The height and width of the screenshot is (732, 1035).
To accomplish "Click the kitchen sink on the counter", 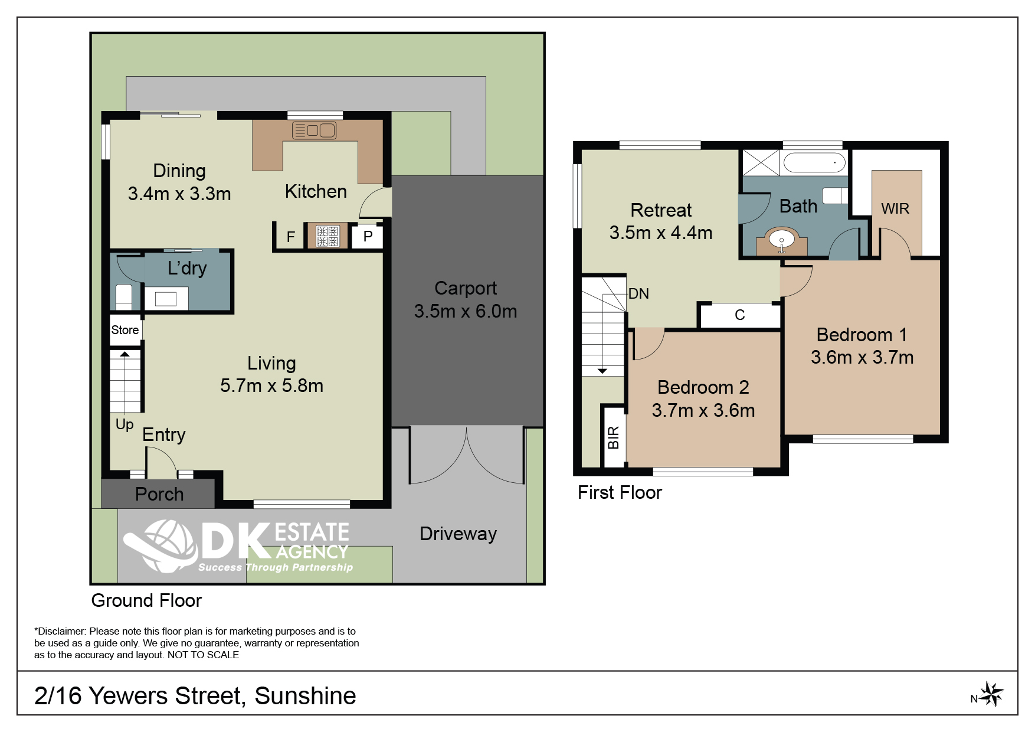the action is tap(314, 130).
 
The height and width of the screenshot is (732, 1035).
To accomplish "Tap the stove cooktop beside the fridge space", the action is tap(327, 236).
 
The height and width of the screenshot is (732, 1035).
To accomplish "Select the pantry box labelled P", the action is tap(368, 237).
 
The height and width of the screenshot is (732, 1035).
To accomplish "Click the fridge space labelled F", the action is tap(291, 237).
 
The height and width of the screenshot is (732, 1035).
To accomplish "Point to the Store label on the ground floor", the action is tap(125, 330).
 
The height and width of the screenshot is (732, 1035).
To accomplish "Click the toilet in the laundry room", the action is tap(123, 297).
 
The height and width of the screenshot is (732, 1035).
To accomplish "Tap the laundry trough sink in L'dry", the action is tap(166, 299).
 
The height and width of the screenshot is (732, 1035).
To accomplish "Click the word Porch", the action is tap(159, 494).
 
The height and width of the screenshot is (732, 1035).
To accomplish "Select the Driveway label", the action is tap(458, 534).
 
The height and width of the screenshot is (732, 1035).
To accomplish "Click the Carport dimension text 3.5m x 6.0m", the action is tap(466, 311).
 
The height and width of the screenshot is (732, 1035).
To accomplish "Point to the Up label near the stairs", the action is tap(125, 424).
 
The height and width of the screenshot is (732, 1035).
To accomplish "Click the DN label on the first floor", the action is tap(638, 293).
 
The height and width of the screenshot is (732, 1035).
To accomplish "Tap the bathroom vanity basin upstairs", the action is tap(782, 242).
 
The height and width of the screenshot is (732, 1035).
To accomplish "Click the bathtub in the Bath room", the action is tap(814, 162).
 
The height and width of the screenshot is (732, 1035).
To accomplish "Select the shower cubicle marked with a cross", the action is tap(761, 162).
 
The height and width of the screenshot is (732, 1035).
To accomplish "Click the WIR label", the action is tap(895, 208).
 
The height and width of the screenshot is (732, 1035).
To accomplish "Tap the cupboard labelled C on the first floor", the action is tap(740, 315).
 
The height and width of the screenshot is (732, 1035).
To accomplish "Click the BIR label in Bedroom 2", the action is tap(614, 437).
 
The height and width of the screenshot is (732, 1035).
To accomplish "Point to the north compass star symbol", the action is tap(992, 694).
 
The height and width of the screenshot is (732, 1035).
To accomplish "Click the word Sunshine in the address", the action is tap(305, 696).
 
